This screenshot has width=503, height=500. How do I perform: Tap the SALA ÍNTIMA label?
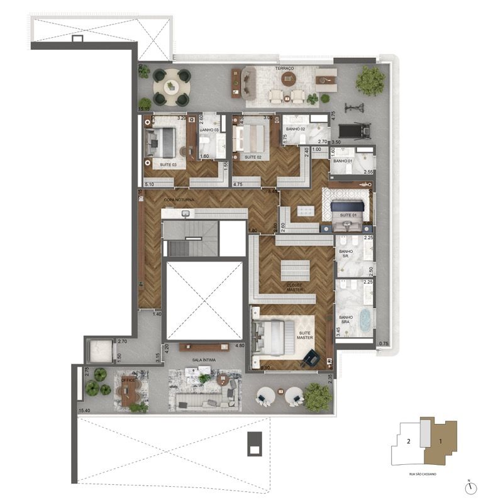tap(204, 360)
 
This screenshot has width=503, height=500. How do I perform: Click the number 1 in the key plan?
tap(441, 441)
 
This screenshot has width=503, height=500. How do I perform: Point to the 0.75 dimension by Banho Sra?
tap(384, 343)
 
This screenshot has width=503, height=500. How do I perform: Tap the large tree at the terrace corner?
tap(370, 80)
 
